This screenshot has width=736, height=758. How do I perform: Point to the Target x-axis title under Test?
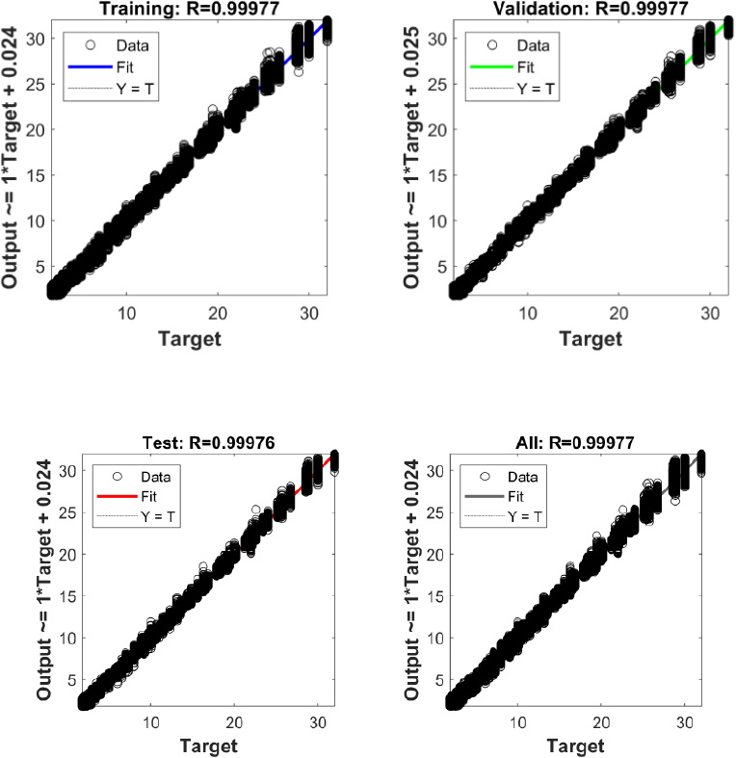[x=207, y=745]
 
